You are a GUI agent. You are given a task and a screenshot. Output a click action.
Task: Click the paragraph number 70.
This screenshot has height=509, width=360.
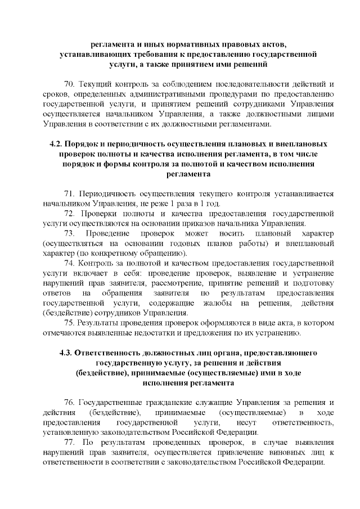point(70,84)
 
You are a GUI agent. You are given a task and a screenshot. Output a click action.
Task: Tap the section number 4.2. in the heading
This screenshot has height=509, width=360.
point(58,143)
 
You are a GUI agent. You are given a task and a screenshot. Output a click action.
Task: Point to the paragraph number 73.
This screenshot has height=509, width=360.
point(70,233)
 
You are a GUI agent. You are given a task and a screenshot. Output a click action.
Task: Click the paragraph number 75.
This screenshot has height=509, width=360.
point(70,323)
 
